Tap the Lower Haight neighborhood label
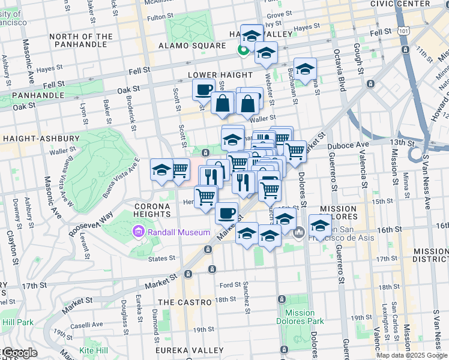click(x=212, y=75)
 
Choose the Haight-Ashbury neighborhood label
click(x=41, y=139)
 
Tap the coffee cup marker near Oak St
click(x=204, y=90)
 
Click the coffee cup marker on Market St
click(x=226, y=212)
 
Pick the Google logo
click(x=20, y=353)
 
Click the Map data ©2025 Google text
click(x=412, y=355)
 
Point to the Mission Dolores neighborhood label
click(x=338, y=213)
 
